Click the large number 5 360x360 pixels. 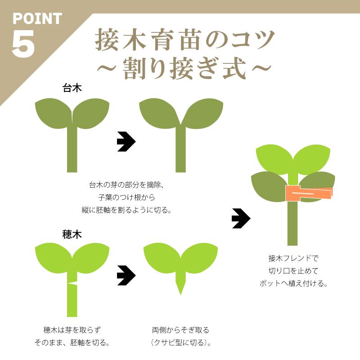point(23,45)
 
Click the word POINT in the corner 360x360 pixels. point(37,18)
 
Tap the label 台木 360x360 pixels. point(72,88)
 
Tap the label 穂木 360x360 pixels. point(72,234)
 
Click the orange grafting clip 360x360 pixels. point(309,193)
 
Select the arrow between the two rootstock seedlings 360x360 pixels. point(126,142)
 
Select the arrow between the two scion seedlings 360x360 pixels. point(126,275)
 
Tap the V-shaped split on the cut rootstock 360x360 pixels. point(180,121)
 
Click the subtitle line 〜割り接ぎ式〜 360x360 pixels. point(184,69)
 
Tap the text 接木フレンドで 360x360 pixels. point(293,258)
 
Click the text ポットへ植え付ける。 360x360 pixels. point(293,283)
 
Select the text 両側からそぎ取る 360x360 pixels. point(180,330)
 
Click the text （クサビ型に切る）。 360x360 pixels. point(180,342)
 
